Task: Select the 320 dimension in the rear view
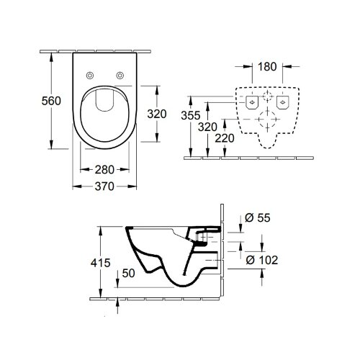click(207, 126)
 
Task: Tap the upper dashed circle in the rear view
click(267, 96)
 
